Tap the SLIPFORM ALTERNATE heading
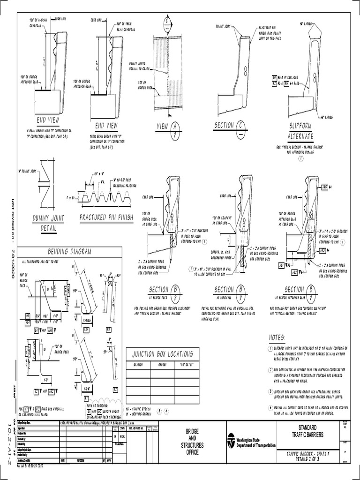coord(300,131)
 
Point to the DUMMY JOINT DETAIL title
coord(48,222)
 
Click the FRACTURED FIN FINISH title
coord(106,218)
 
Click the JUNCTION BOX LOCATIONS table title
coord(159,354)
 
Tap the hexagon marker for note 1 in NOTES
coord(270,349)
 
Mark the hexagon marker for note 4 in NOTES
coord(270,408)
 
